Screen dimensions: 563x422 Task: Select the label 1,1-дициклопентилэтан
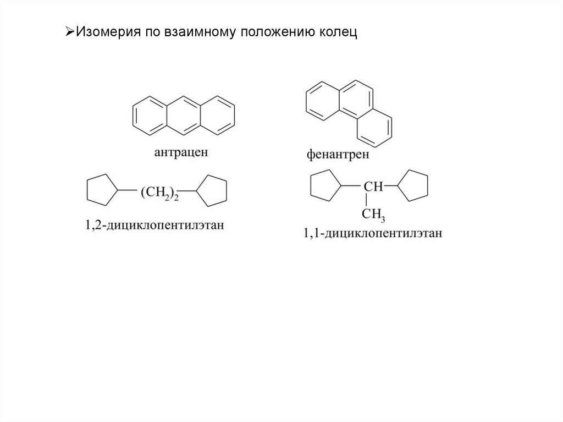click(373, 233)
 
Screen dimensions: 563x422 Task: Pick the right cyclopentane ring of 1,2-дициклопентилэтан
click(212, 190)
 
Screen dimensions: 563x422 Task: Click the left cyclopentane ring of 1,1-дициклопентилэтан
click(325, 187)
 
